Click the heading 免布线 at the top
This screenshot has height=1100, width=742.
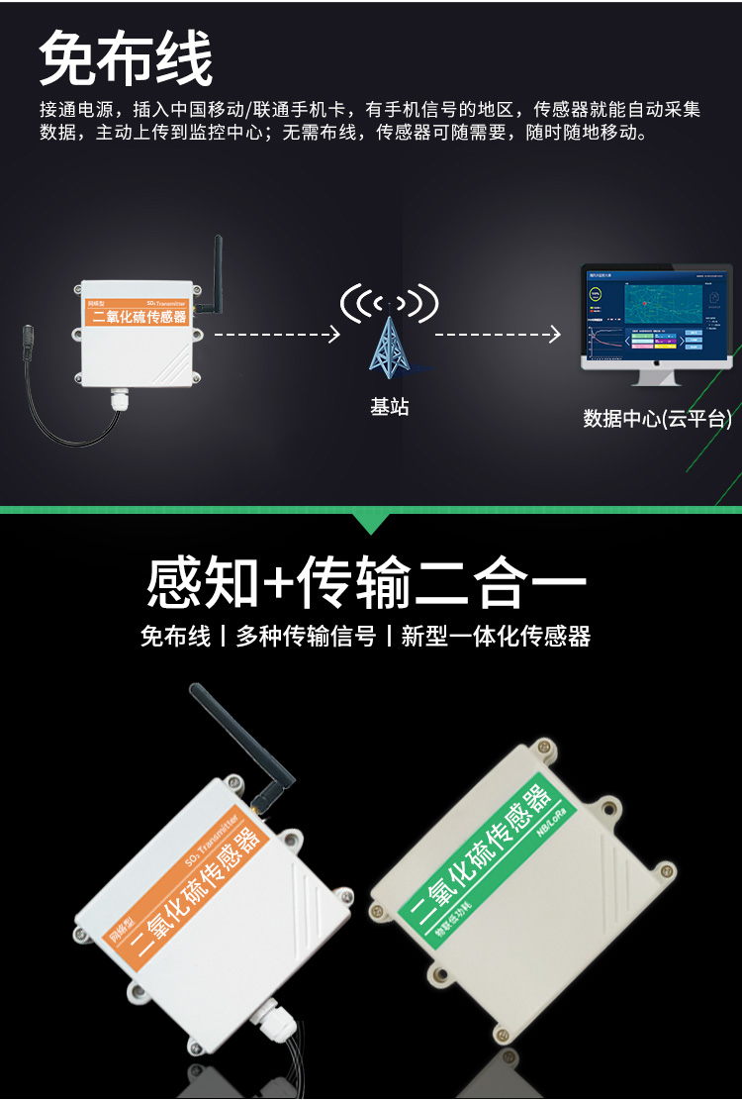(x=126, y=58)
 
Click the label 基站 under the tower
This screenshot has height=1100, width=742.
(x=389, y=407)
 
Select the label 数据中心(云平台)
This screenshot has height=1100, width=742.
(x=657, y=419)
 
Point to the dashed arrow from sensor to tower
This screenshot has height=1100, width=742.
(x=276, y=336)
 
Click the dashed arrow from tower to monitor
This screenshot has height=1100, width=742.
(x=497, y=336)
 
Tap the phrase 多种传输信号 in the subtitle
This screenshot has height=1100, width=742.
(x=306, y=637)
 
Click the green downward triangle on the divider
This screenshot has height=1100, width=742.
(x=371, y=522)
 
